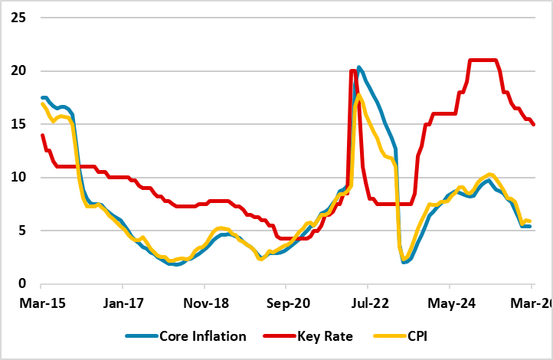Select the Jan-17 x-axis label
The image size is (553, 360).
tap(124, 303)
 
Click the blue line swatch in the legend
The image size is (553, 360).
tap(140, 336)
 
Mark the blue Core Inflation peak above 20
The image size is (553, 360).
tap(359, 67)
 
